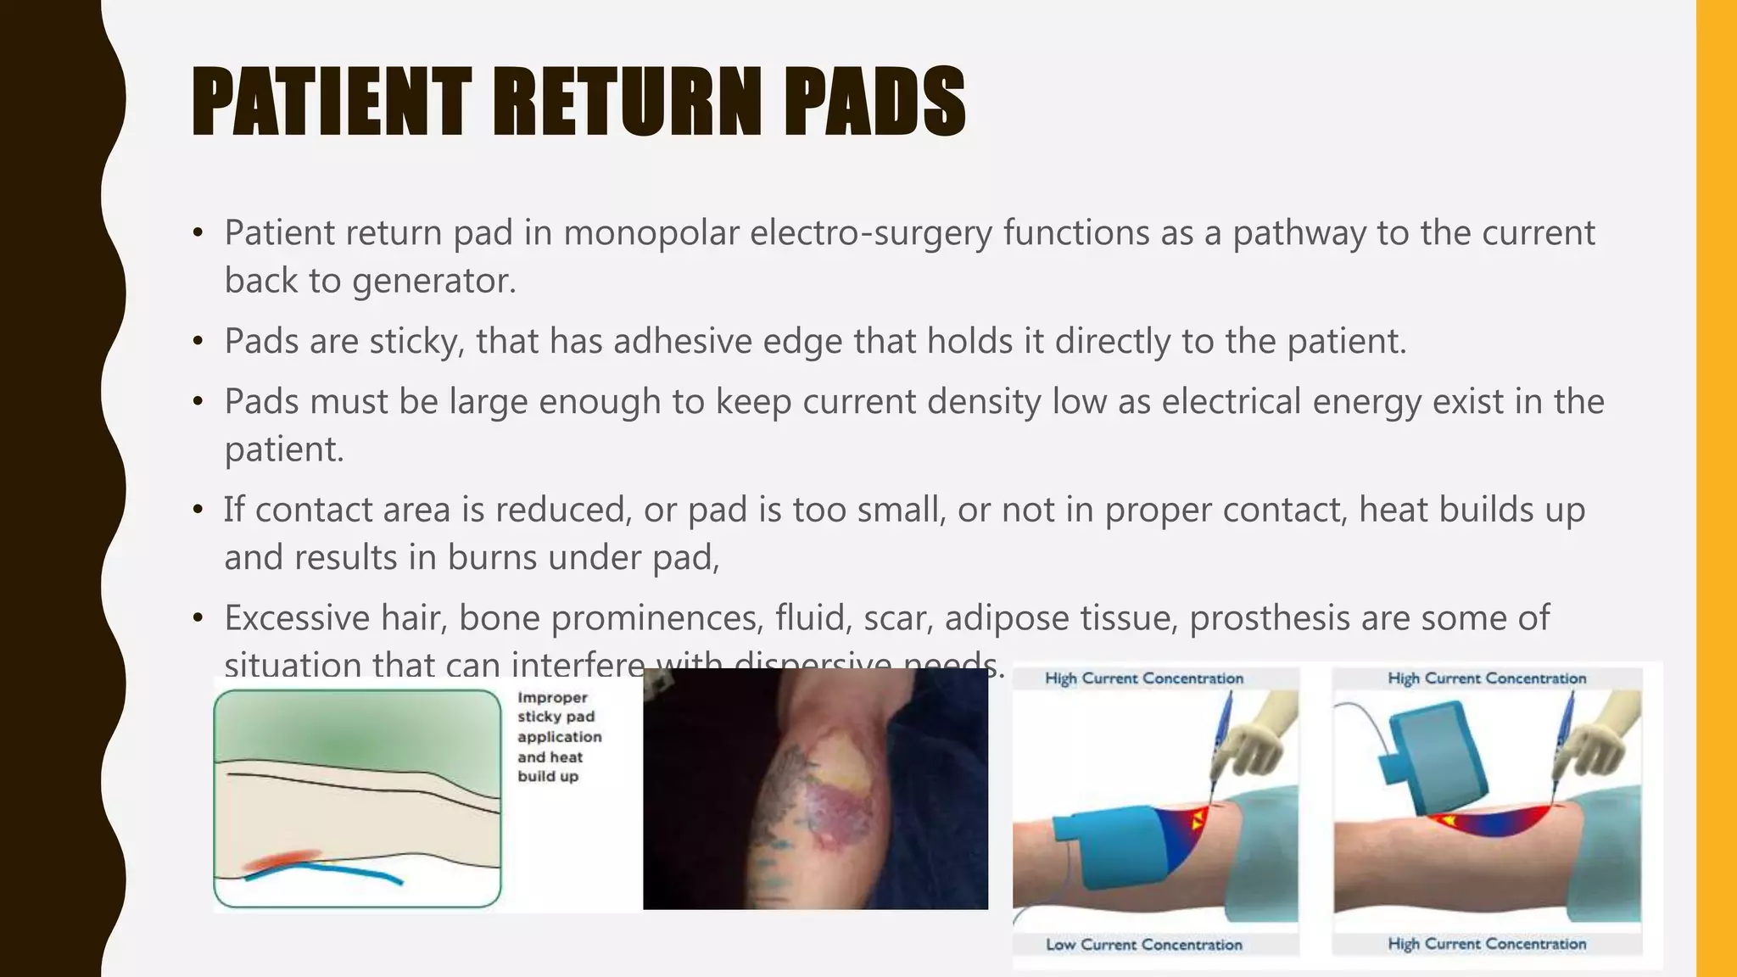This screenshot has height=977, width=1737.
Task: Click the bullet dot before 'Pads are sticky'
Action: point(198,342)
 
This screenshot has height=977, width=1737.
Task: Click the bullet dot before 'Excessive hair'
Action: point(198,618)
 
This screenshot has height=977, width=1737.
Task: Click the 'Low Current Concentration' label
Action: point(1143,944)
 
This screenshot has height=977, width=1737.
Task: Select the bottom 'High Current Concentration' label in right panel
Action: point(1486,943)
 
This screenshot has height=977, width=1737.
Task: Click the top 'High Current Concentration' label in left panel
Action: point(1143,678)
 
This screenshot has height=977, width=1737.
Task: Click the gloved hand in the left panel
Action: point(1255,738)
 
